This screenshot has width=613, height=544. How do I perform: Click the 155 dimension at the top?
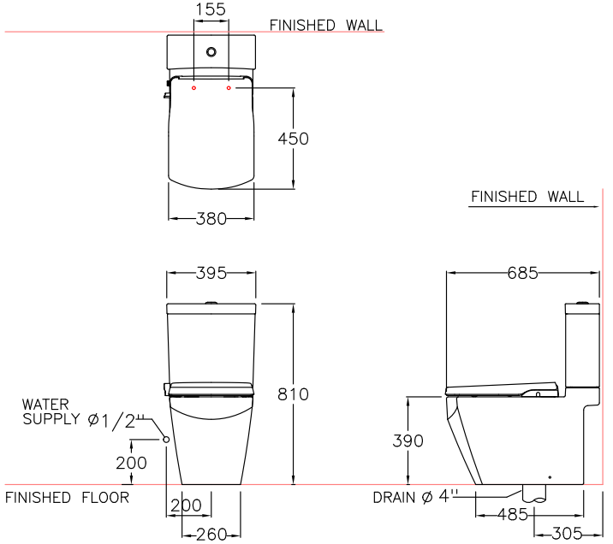pos(211,9)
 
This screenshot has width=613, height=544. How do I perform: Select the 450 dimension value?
pos(294,139)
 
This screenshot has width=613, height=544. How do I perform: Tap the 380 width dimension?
pos(211,219)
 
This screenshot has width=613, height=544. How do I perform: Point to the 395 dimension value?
pos(211,274)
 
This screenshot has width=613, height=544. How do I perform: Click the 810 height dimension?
pos(294,394)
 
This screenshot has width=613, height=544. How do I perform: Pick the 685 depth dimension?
pos(522,274)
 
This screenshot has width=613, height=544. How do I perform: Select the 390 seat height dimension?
pos(408,441)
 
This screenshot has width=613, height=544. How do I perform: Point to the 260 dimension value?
pos(211,534)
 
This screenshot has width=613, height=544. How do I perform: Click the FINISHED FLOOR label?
pos(67,498)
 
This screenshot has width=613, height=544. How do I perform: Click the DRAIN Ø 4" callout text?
pos(416,498)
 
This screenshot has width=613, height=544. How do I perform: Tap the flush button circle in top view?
pos(211,52)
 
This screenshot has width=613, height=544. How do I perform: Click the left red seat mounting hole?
pos(194,88)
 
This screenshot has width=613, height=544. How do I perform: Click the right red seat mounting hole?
pos(229,88)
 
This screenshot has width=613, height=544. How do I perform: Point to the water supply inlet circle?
pos(166,439)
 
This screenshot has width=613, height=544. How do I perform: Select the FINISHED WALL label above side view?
pos(527,197)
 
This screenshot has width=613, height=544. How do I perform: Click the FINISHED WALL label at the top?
pos(326,26)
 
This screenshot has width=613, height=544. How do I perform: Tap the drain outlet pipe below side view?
pos(533,494)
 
